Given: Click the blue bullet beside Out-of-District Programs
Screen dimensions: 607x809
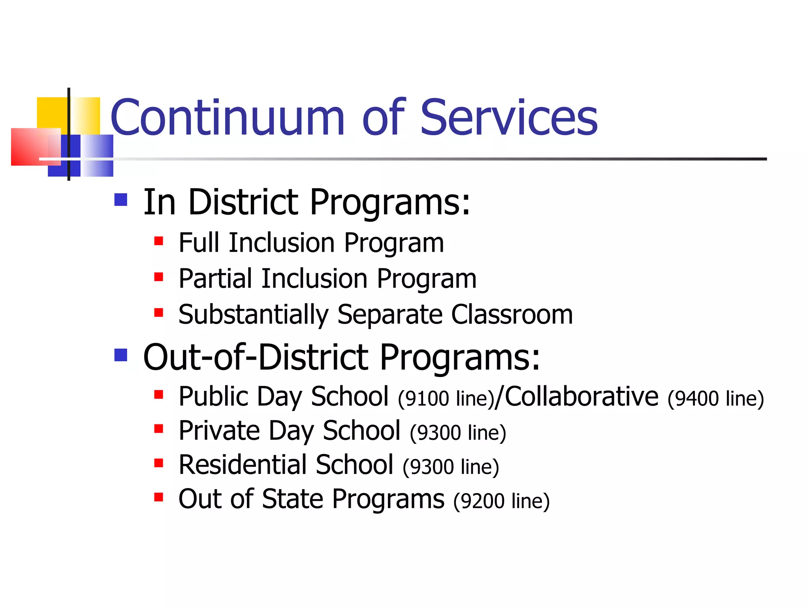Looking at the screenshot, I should coord(120,355).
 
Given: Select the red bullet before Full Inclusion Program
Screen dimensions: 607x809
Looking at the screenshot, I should coord(159,241).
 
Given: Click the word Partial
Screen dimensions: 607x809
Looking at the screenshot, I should coord(215,279).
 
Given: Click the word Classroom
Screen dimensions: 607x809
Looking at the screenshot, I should coord(512,315).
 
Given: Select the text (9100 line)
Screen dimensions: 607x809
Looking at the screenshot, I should coord(446,399).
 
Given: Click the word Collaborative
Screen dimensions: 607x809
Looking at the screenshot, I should coord(581,396).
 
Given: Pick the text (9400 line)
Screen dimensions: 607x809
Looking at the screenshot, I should coord(715,399).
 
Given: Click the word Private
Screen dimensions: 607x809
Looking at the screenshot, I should coord(219,430).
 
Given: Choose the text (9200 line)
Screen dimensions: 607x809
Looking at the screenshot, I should coord(501,501).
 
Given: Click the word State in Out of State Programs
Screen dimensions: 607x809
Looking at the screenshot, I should coord(292,499).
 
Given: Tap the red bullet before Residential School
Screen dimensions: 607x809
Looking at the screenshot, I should coord(159,463).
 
